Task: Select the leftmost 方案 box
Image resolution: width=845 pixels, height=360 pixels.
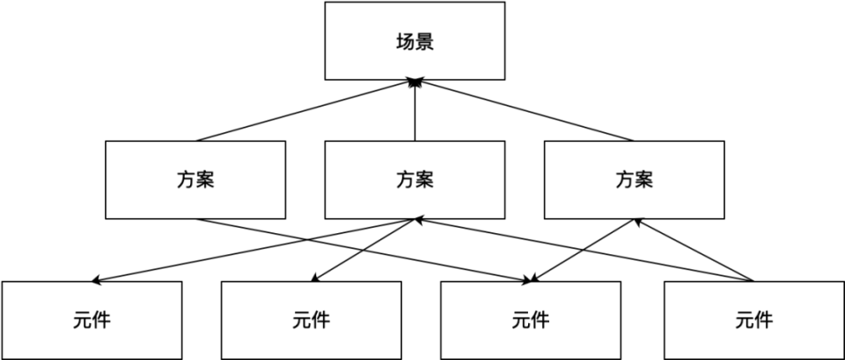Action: point(195,180)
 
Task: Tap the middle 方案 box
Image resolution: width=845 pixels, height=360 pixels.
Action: point(415,180)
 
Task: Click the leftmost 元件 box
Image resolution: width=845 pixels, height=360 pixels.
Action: point(92,320)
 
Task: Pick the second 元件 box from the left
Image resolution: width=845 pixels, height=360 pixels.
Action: point(311,320)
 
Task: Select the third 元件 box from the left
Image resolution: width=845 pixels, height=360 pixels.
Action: point(530,320)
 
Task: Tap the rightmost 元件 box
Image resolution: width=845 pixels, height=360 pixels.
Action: point(753,320)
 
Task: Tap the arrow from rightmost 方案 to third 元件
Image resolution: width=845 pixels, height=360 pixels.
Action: point(584,250)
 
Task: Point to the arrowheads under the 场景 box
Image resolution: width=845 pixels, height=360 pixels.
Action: point(415,82)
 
